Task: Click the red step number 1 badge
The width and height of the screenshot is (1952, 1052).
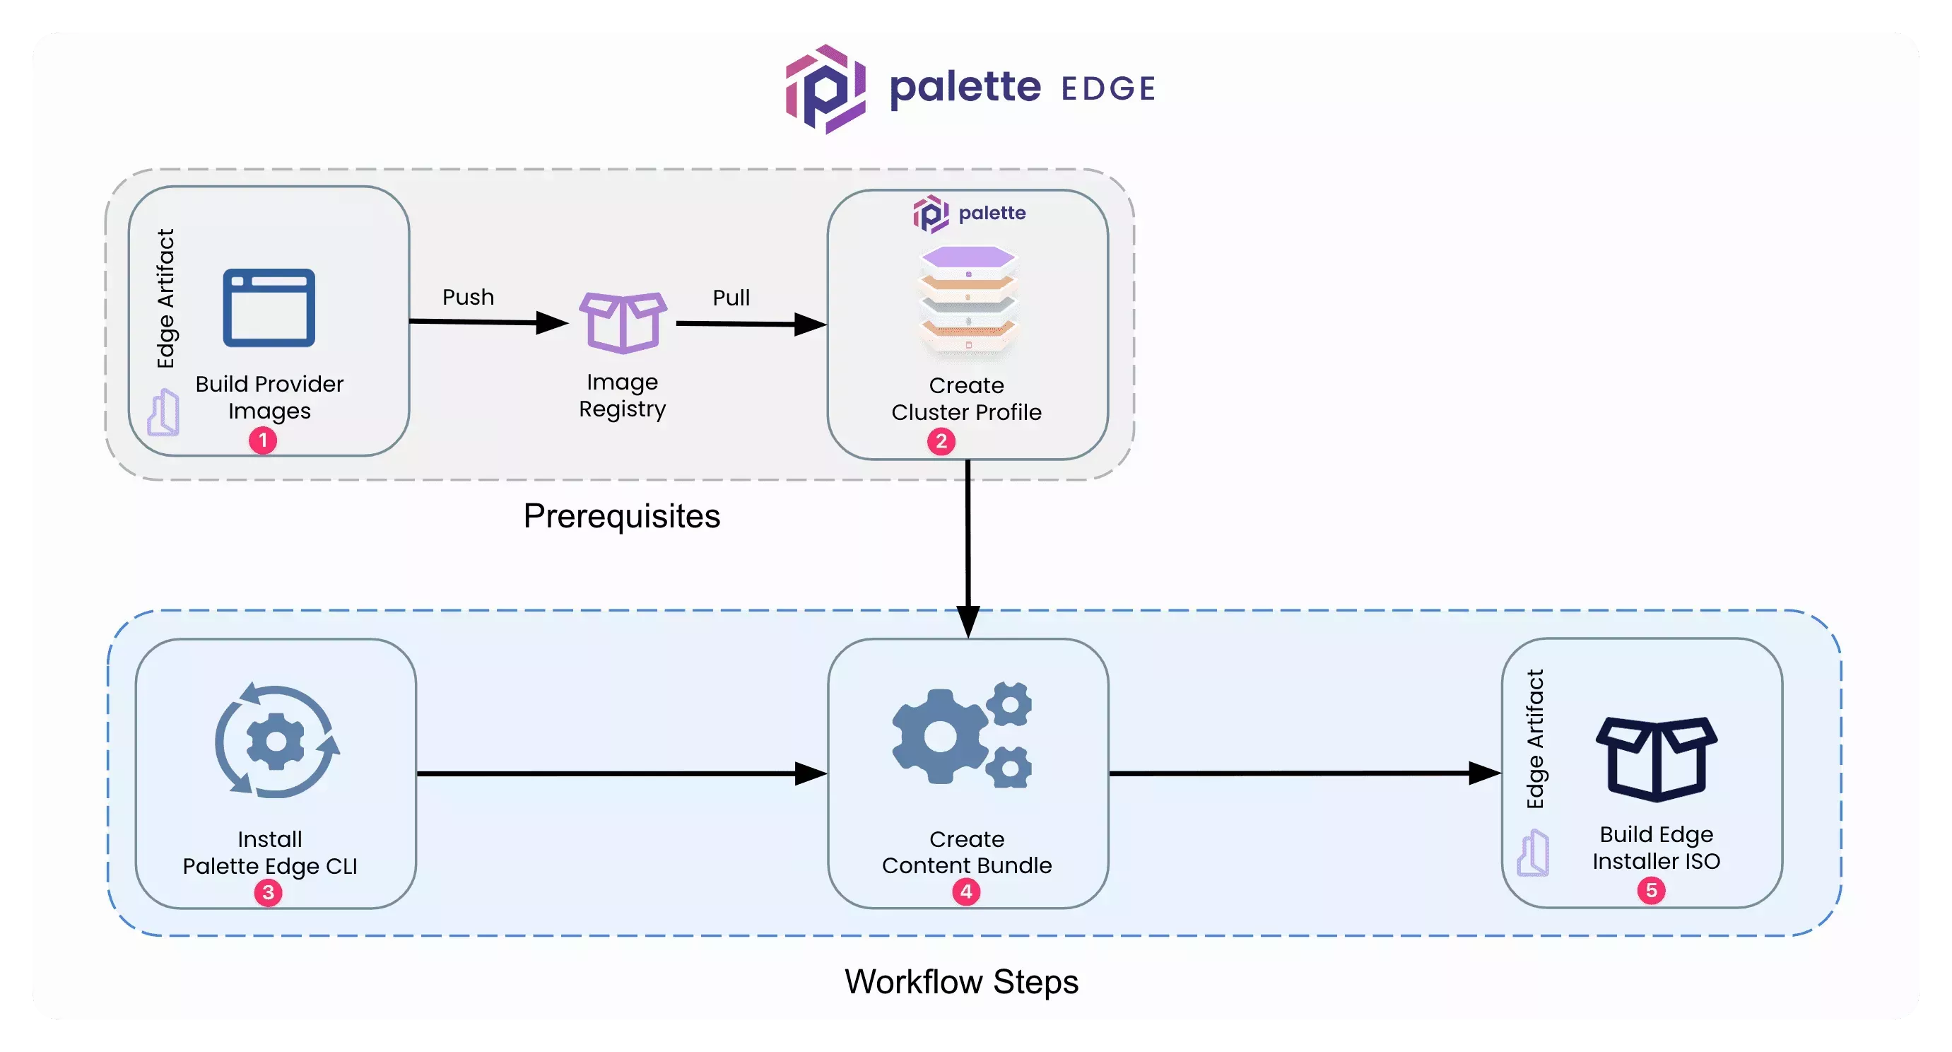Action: (x=263, y=440)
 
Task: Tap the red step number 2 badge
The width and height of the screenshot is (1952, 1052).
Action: (x=941, y=442)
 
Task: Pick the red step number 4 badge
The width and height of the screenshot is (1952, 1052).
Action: (x=966, y=892)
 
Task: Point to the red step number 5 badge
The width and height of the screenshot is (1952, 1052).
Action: (x=1651, y=891)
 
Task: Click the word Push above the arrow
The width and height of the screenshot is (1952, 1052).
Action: (x=469, y=297)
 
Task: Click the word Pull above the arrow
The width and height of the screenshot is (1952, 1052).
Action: (x=731, y=298)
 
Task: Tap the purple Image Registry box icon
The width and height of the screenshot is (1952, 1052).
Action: (x=623, y=322)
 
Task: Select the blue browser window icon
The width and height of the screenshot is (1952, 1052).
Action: (x=269, y=308)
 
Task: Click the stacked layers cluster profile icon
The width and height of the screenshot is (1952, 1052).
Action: (x=968, y=299)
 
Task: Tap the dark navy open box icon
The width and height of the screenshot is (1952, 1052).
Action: (x=1657, y=759)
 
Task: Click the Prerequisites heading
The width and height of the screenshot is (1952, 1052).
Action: (x=621, y=516)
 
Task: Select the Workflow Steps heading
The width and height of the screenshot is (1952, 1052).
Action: (x=961, y=982)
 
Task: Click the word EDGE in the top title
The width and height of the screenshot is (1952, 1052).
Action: (x=1108, y=88)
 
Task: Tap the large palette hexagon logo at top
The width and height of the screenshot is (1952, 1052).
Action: (x=825, y=88)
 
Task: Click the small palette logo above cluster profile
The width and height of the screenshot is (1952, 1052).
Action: (x=931, y=214)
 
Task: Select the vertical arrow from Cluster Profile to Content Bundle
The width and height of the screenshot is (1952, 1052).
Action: (x=968, y=546)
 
